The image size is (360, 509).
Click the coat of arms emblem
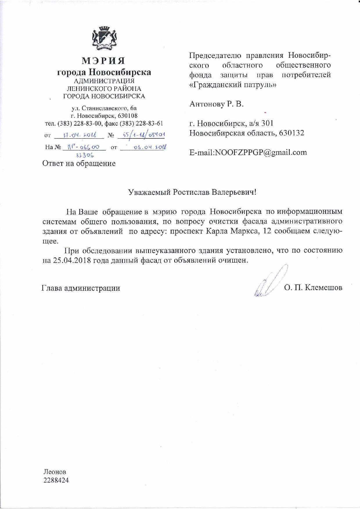(104, 38)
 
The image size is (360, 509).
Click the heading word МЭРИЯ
(104, 61)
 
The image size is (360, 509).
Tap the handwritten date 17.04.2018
(80, 135)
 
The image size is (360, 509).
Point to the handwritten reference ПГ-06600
(84, 147)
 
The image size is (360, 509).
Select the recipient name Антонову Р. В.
(216, 104)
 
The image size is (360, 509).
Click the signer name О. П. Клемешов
(313, 288)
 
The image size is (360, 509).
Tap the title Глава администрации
(81, 288)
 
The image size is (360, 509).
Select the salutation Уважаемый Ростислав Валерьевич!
(192, 192)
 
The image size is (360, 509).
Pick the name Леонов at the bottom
(55, 472)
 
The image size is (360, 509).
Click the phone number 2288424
(56, 480)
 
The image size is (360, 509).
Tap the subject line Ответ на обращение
(79, 163)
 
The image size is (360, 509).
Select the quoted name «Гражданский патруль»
(233, 85)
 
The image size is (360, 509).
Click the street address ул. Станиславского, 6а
(104, 109)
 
